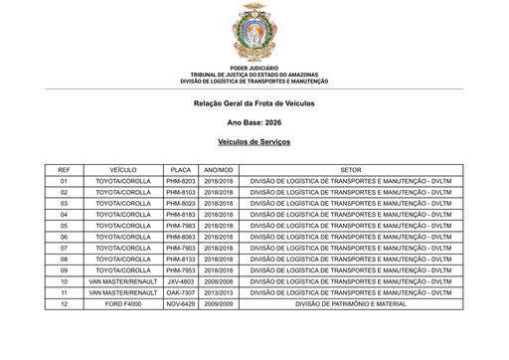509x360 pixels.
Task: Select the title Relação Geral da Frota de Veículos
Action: click(x=254, y=103)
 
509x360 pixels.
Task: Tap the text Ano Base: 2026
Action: click(x=254, y=123)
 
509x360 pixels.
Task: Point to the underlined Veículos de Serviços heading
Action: click(x=254, y=143)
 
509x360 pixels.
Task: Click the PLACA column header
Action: click(x=181, y=170)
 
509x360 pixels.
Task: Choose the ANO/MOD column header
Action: click(x=218, y=170)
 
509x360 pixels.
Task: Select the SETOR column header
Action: click(x=351, y=170)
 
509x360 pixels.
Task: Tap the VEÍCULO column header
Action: click(x=123, y=170)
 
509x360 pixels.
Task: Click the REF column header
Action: click(x=65, y=170)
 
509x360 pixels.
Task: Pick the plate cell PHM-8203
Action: click(x=181, y=181)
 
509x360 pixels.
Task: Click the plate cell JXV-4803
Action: click(x=181, y=281)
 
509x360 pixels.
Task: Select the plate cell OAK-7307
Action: click(x=181, y=292)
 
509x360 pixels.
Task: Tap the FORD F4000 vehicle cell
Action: click(x=123, y=303)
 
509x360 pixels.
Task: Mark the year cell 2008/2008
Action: click(x=218, y=281)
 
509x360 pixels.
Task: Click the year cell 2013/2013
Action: click(x=218, y=292)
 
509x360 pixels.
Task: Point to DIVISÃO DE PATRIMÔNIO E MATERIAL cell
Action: click(x=351, y=303)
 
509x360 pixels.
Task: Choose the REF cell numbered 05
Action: click(x=65, y=226)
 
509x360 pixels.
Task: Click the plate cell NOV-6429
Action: click(x=181, y=303)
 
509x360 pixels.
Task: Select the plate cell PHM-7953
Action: click(x=181, y=270)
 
